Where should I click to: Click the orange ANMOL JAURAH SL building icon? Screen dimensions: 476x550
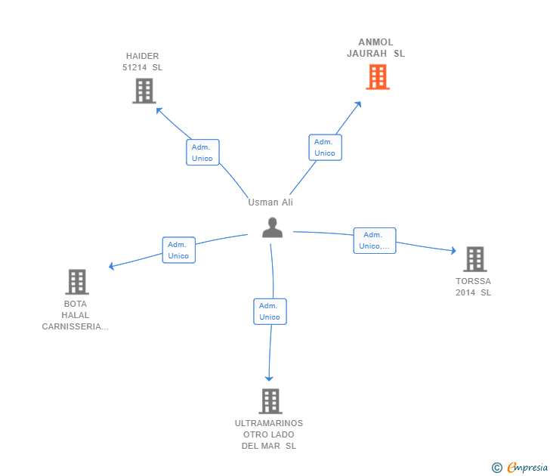[x=378, y=77]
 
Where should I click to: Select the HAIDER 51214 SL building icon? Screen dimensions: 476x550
[x=144, y=91]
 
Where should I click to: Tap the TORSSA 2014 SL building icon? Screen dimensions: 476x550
[x=474, y=259]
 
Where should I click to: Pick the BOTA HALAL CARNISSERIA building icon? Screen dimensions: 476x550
[x=77, y=282]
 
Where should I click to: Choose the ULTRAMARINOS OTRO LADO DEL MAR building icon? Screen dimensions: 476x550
[x=270, y=401]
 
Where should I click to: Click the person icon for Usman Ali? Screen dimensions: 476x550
[x=272, y=227]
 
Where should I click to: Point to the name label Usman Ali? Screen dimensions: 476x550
[x=270, y=202]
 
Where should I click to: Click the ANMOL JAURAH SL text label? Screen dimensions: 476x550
[x=375, y=48]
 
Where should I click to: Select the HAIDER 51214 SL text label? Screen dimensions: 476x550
[x=142, y=62]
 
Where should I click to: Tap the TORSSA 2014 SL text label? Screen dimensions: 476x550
[x=473, y=287]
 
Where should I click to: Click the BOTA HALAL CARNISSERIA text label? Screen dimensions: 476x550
[x=75, y=315]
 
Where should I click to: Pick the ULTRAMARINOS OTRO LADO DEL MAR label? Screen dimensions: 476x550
[x=269, y=434]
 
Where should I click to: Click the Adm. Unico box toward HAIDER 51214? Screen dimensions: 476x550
[x=202, y=153]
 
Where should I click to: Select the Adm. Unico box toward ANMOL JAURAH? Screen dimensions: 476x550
[x=325, y=147]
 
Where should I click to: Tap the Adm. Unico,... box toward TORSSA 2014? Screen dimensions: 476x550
[x=375, y=240]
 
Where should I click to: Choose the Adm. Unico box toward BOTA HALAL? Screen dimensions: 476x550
[x=178, y=250]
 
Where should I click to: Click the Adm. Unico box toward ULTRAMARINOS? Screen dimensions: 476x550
[x=270, y=311]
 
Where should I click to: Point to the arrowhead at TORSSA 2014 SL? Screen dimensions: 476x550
[x=453, y=251]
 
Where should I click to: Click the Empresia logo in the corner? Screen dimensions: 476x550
[x=521, y=468]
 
